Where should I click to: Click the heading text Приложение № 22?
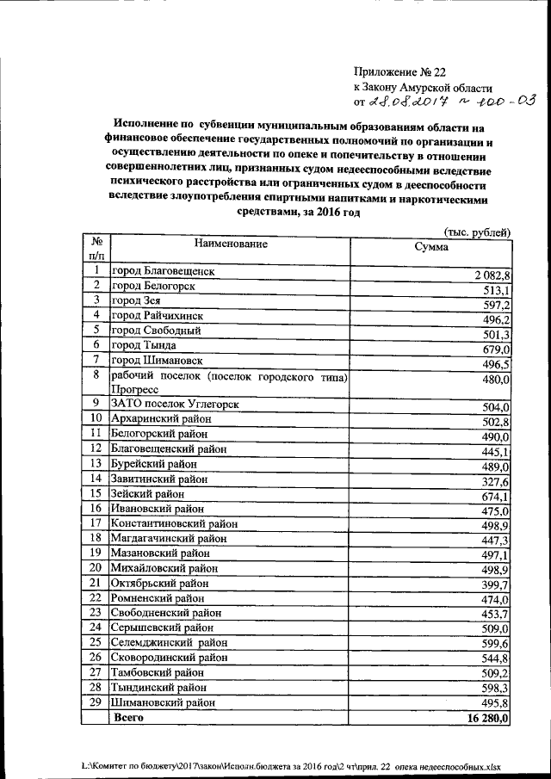(401, 72)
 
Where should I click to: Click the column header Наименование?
(231, 244)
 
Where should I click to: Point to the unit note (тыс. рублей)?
(477, 232)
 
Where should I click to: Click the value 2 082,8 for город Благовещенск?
(492, 275)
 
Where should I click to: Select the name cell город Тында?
(143, 344)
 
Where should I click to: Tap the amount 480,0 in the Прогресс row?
(497, 379)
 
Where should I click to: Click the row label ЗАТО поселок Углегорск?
(174, 404)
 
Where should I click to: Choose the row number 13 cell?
(96, 463)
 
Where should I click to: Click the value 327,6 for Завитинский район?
(497, 481)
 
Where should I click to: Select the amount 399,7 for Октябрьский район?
(497, 584)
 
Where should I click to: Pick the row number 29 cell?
(96, 702)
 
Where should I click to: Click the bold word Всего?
(129, 718)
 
